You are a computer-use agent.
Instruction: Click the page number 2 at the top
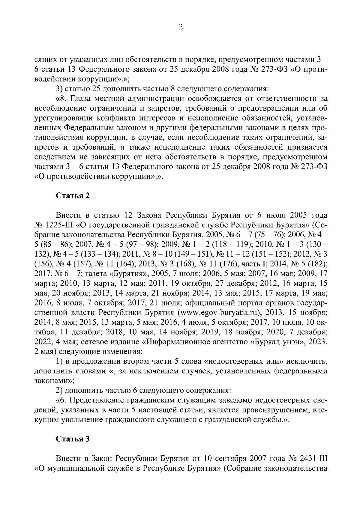(180, 28)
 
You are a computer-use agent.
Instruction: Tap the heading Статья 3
(73, 439)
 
